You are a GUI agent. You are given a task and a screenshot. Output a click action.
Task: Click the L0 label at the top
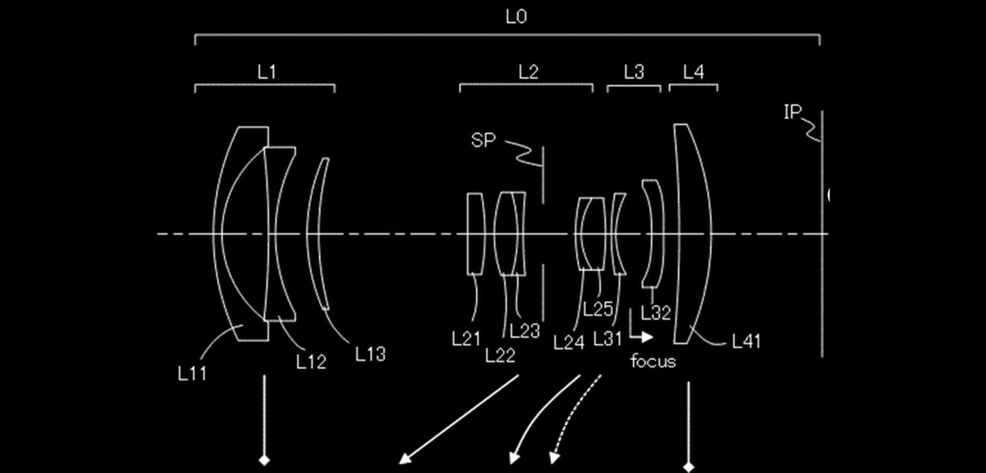point(516,17)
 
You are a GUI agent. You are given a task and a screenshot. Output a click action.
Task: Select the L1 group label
point(266,72)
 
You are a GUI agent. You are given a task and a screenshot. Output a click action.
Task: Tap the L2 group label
point(528,72)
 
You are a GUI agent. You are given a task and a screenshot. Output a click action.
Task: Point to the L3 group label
point(634,72)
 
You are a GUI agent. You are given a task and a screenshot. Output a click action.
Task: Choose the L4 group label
point(693,72)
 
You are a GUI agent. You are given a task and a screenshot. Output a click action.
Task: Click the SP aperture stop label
point(483,140)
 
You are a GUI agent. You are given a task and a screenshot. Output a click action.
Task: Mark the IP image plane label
point(793,112)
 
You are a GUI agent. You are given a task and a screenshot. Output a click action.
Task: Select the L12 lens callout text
point(311,362)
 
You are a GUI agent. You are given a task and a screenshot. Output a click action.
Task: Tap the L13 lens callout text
point(370,353)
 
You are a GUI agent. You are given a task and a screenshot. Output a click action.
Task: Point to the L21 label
point(466,339)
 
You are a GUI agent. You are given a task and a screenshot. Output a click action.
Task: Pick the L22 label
point(500,355)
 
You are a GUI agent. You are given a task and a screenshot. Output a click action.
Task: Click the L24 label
point(569,343)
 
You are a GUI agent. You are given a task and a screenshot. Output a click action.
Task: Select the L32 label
point(655,313)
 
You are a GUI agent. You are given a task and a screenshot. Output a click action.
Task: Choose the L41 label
point(746,341)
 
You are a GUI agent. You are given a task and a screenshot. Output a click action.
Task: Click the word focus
point(653,361)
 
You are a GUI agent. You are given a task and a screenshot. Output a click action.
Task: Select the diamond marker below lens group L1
point(264,460)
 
